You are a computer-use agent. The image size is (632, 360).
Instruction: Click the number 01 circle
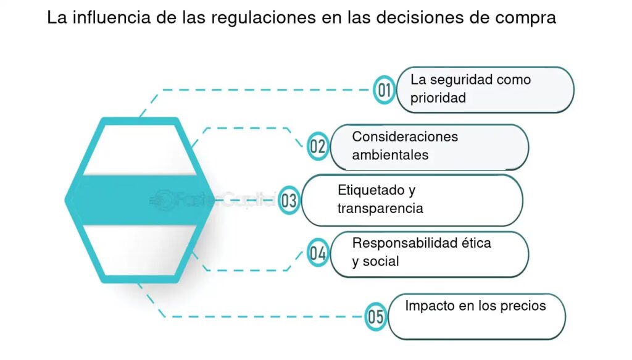click(385, 90)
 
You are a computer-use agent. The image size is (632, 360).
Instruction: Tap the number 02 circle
click(317, 146)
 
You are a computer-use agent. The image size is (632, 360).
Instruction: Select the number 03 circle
click(289, 200)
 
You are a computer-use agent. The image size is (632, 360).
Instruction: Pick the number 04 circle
click(318, 253)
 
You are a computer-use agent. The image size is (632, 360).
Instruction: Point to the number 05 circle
click(375, 317)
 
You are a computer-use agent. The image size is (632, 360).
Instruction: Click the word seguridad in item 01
click(460, 80)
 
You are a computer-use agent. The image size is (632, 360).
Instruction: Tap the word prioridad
click(438, 98)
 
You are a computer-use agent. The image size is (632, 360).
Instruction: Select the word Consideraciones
click(405, 136)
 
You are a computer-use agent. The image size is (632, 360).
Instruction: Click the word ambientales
click(390, 155)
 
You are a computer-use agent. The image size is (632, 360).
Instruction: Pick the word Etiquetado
click(372, 190)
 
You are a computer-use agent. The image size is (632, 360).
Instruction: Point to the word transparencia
click(380, 208)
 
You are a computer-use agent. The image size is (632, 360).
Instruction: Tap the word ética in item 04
click(476, 243)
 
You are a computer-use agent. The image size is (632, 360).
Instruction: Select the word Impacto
click(429, 306)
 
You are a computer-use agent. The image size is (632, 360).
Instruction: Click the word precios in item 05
click(525, 306)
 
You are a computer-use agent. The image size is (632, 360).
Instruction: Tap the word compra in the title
click(527, 19)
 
